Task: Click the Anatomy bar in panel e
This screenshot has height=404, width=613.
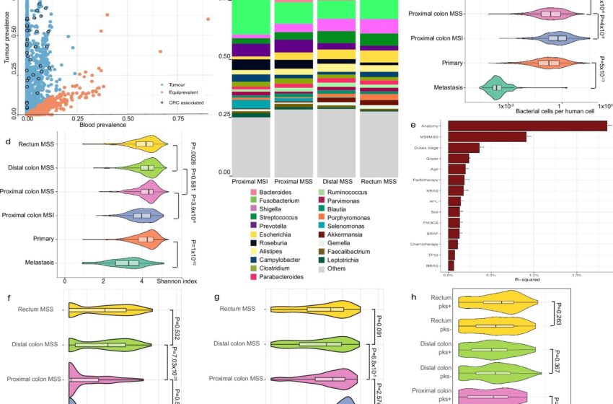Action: tap(526, 126)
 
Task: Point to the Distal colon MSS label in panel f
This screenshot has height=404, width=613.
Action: tap(32, 345)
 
